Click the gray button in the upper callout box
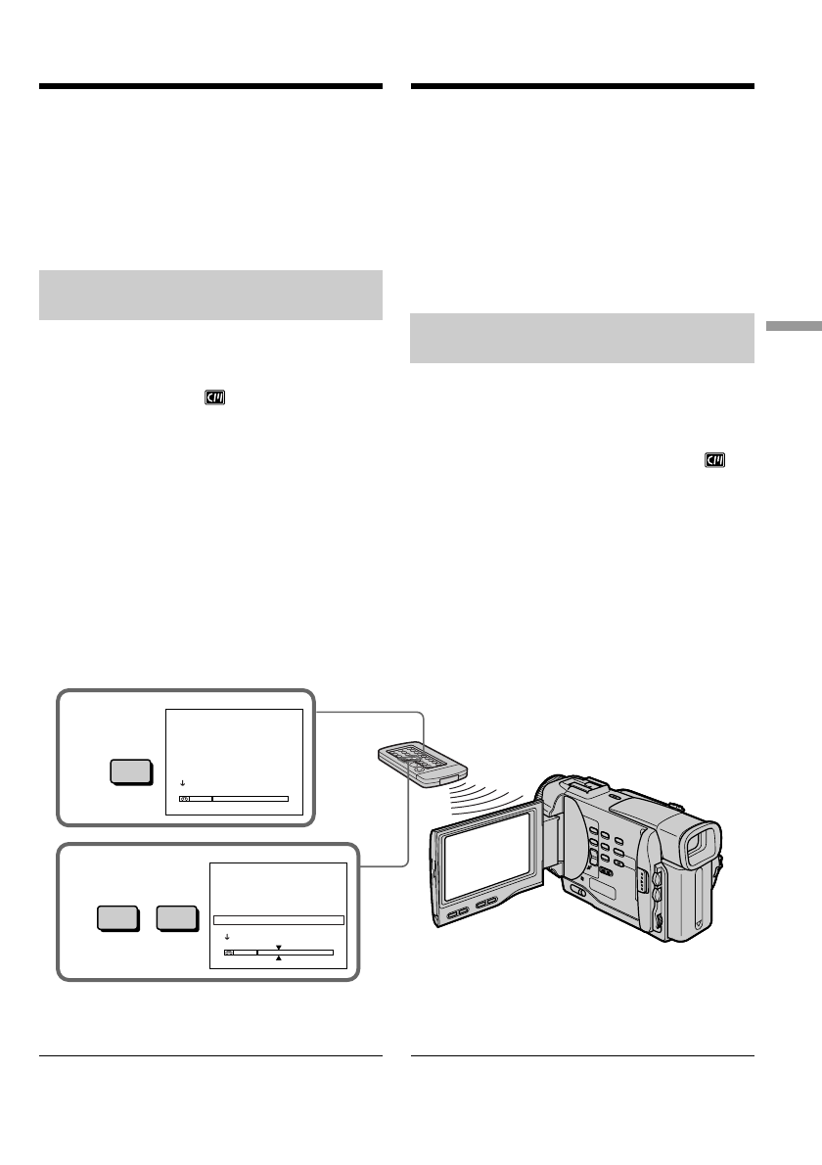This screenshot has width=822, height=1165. coord(130,771)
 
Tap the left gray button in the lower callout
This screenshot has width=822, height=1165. coord(117,919)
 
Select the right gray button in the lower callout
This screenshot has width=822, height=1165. coord(177,919)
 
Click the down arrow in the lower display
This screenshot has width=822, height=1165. coord(227,937)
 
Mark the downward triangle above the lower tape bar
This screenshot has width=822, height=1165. coord(279,947)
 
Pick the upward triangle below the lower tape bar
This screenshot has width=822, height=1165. coord(279,958)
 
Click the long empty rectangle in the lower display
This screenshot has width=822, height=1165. coord(279,920)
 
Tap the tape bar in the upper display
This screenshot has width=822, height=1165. coord(234,799)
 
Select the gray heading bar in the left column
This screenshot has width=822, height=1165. coord(210,295)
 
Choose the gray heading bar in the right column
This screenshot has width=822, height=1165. coord(582,339)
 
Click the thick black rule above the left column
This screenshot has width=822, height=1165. coord(210,86)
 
